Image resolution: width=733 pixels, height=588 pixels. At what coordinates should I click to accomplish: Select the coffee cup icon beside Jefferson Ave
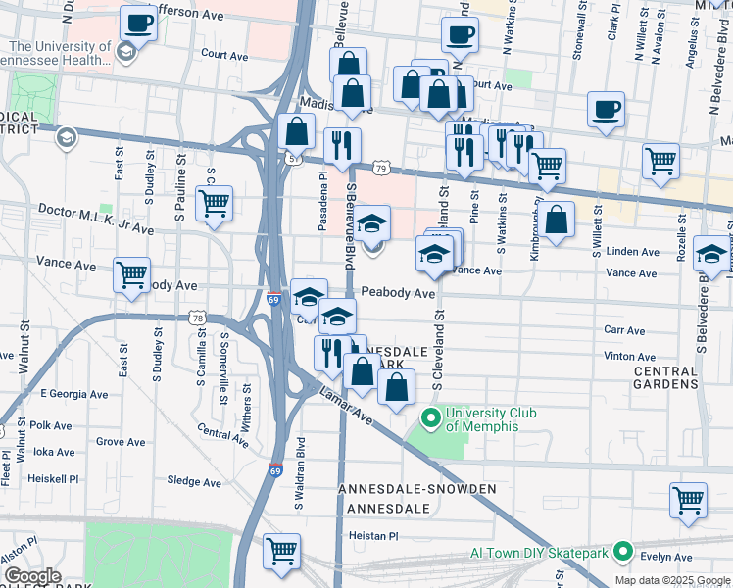point(138,24)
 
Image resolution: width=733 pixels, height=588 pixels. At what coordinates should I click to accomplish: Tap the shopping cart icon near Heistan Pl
point(282,551)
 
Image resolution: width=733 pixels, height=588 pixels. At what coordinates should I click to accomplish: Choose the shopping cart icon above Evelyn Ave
point(689,500)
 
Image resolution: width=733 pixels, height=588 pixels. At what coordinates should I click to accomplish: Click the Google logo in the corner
point(32,576)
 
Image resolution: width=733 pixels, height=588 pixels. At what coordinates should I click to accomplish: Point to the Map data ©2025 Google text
point(672,580)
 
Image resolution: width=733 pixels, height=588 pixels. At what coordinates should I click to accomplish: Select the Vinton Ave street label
point(630,357)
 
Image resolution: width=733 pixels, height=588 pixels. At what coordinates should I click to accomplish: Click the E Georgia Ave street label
point(72,393)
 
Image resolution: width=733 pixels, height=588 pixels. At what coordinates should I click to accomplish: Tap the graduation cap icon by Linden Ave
point(710,253)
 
